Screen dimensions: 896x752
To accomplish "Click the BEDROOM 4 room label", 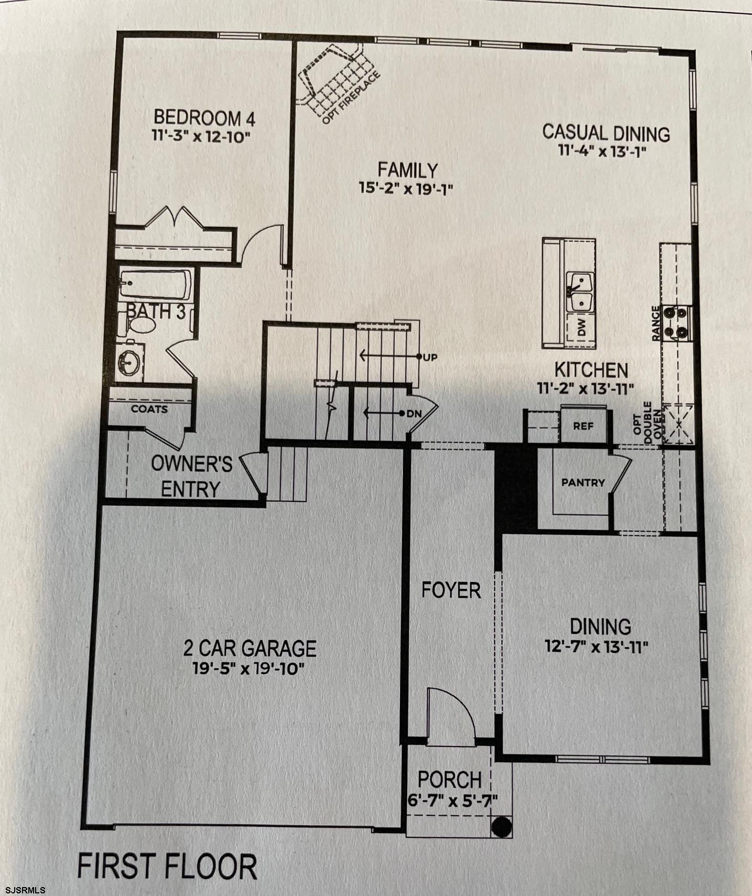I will [204, 117].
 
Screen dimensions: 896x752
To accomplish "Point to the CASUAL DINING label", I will [606, 133].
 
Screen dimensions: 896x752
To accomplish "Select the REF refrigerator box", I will [583, 426].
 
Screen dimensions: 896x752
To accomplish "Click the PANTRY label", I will [583, 482].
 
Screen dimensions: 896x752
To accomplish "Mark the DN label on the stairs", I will [414, 414].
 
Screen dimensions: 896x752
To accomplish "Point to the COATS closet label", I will [149, 408].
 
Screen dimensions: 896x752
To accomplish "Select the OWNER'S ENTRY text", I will [191, 476].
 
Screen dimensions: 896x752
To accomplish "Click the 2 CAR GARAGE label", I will [249, 649].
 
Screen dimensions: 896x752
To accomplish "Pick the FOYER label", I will [451, 590].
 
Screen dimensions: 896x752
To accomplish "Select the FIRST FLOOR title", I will [167, 866].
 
